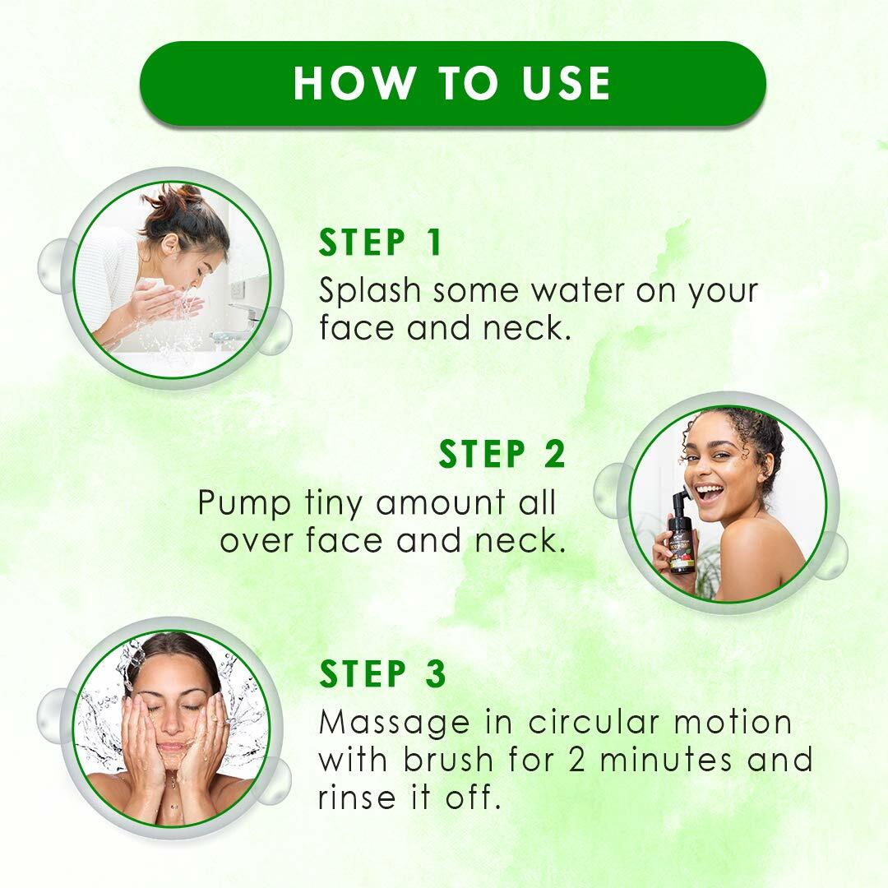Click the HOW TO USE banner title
(x=451, y=83)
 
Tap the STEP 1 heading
(x=381, y=243)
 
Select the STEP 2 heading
(x=502, y=455)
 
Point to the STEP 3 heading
(x=382, y=673)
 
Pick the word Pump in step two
(x=244, y=503)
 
